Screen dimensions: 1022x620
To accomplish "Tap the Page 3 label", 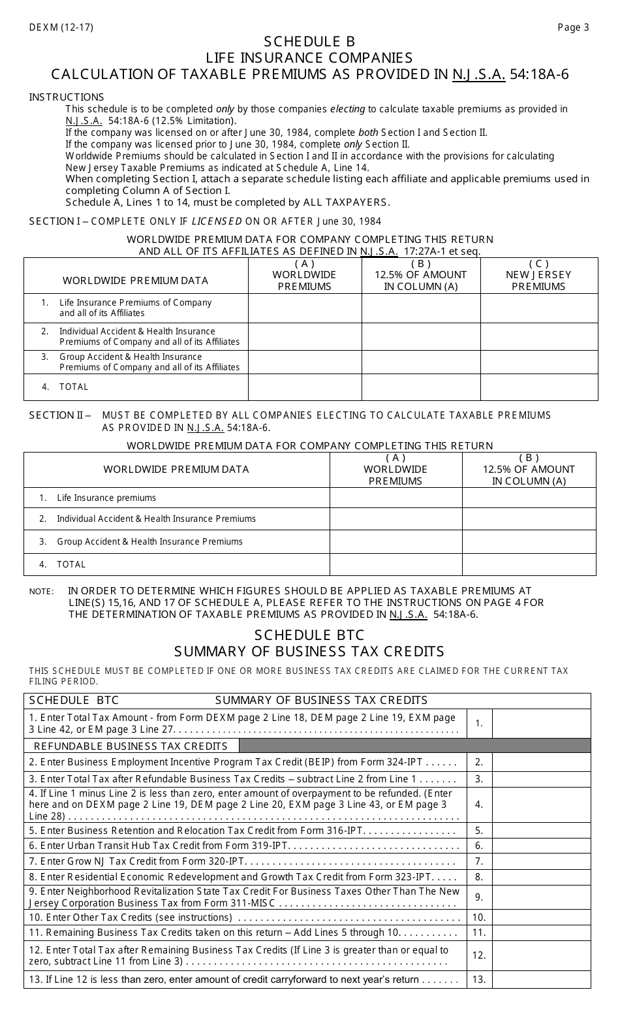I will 573,27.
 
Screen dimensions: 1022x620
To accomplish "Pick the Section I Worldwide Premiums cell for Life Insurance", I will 305,308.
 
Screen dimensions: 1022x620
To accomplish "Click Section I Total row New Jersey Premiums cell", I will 538,387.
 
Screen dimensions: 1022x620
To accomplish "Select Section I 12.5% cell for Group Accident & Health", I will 421,362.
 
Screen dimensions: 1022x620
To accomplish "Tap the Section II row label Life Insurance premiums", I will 106,498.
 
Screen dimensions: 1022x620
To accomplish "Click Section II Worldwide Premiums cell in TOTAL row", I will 395,564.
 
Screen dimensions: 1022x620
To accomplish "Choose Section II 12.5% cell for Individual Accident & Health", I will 529,519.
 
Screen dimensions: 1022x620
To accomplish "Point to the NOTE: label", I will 41,592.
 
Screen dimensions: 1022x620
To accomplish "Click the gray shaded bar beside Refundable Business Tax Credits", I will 414,746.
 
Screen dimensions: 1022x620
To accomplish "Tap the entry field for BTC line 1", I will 541,723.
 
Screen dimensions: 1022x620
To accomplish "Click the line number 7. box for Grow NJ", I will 479,861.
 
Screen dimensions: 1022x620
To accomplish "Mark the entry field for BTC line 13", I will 541,980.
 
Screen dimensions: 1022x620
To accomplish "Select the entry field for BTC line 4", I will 541,805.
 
